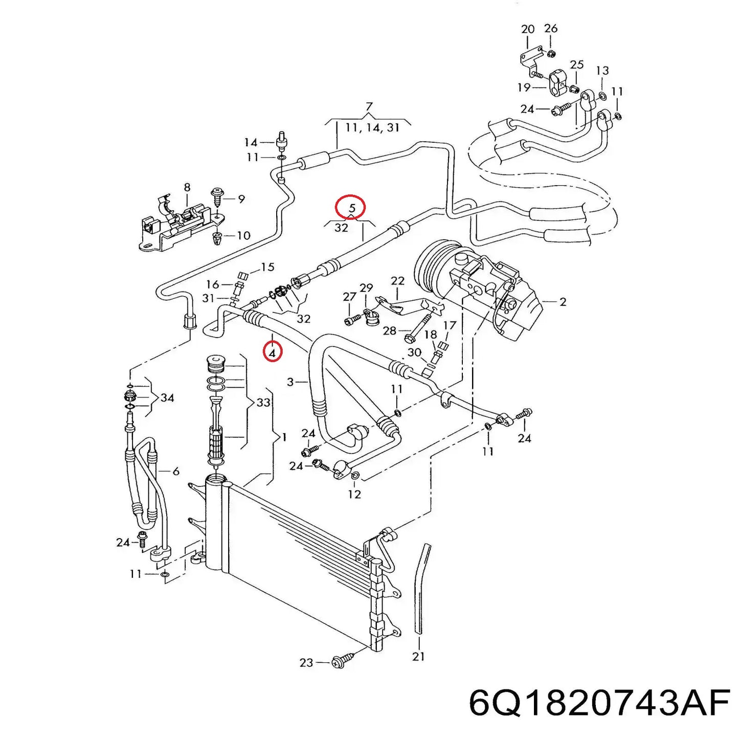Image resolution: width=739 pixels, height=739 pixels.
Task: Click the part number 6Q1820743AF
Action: click(x=599, y=704)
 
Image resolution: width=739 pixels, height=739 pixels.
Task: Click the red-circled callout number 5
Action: click(x=351, y=208)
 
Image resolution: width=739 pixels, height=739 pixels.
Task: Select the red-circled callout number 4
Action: click(x=273, y=352)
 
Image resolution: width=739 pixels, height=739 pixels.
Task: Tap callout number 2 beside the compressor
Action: click(x=563, y=302)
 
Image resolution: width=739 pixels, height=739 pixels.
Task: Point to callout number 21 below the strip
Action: click(x=418, y=656)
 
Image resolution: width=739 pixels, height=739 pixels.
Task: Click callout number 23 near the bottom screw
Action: click(x=306, y=663)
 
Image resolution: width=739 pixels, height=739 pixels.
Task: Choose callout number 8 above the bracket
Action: click(x=187, y=188)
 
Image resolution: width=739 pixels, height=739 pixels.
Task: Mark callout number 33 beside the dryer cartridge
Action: click(x=263, y=402)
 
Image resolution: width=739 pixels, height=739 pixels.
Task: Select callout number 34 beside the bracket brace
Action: click(x=167, y=397)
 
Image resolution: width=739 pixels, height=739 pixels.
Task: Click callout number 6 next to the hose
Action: click(x=175, y=471)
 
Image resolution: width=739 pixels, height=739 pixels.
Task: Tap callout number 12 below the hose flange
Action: click(x=354, y=494)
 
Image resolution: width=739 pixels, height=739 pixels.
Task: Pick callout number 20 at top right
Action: click(x=528, y=30)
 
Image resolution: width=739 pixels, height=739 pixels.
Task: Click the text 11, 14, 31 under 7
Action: click(x=372, y=127)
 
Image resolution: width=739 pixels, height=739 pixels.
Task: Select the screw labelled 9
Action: click(x=217, y=197)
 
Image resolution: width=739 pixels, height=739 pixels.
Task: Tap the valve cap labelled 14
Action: click(x=281, y=140)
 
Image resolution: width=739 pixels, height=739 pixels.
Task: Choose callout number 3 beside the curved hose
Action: click(x=290, y=382)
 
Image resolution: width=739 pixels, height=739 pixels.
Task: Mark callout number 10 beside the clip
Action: click(x=243, y=235)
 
